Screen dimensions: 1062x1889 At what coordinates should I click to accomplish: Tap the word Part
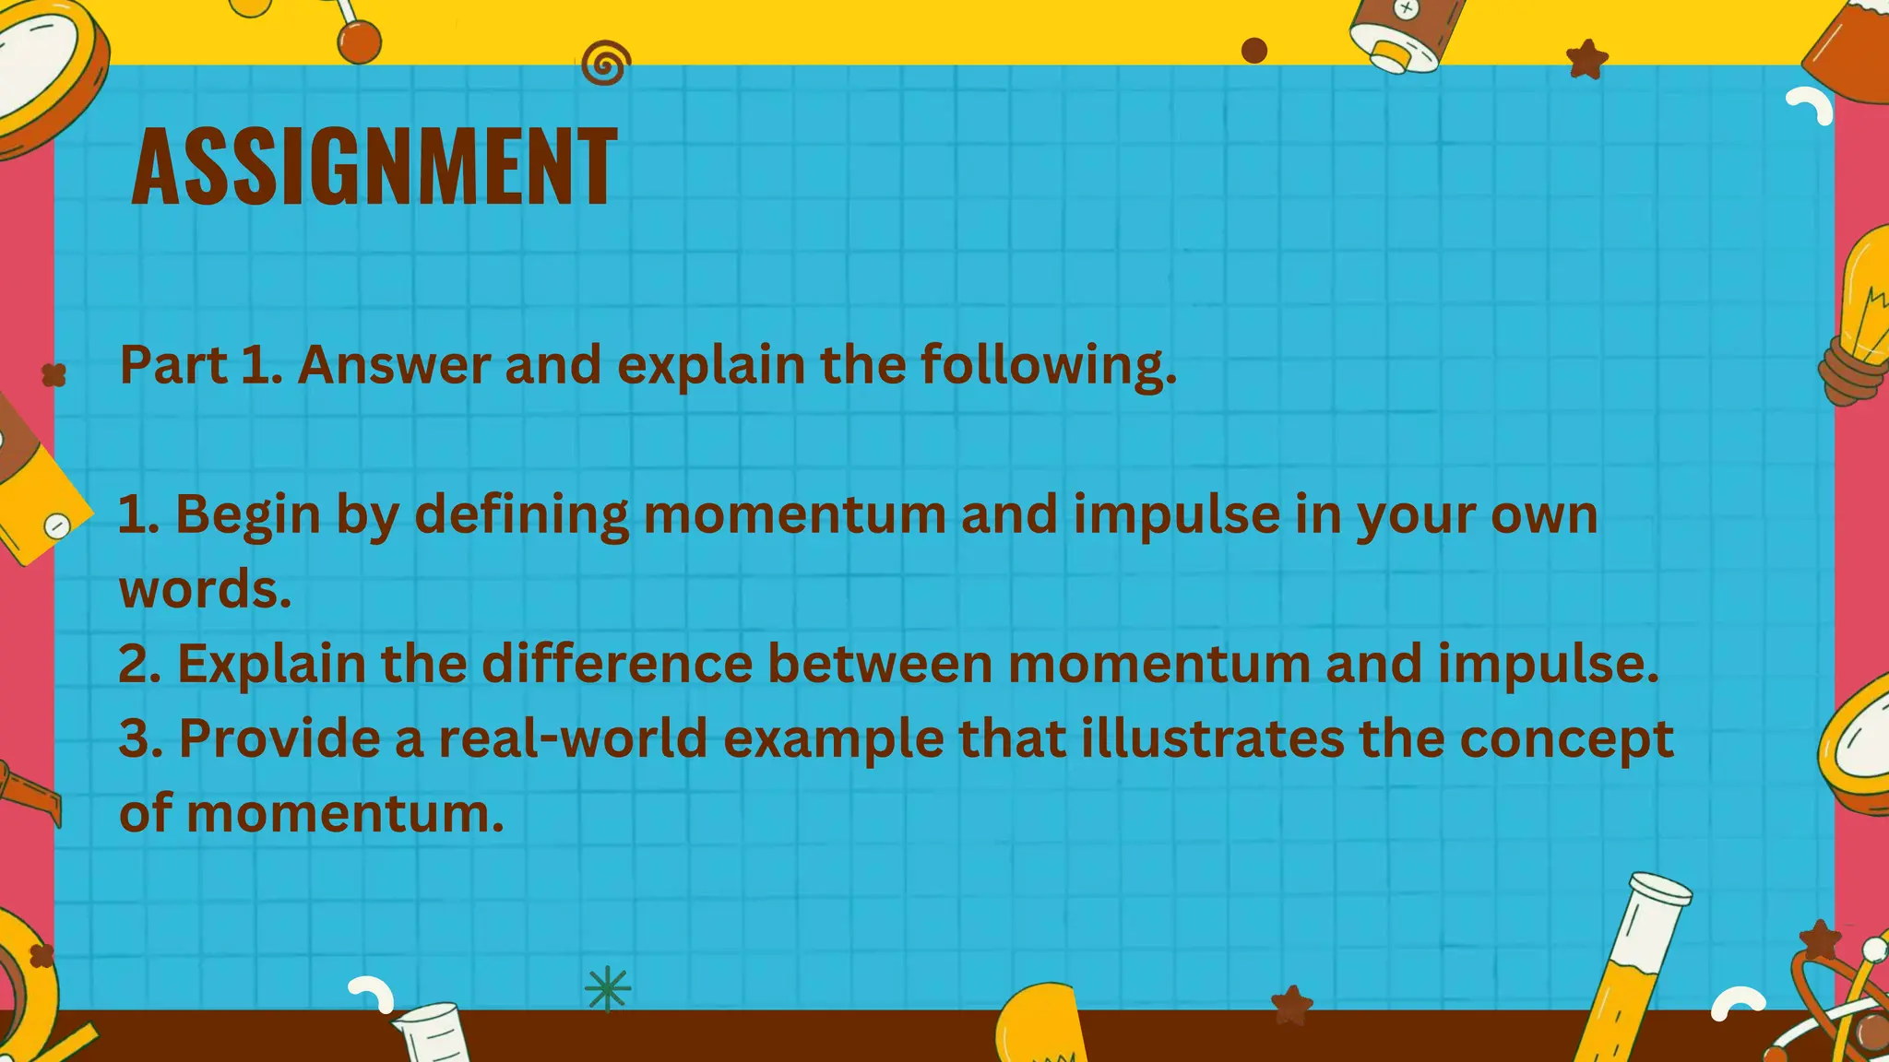tap(173, 365)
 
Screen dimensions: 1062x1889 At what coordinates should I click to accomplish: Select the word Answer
tap(393, 365)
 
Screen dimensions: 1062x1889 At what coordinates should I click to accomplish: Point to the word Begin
tap(247, 515)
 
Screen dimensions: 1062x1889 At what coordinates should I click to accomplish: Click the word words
tap(205, 589)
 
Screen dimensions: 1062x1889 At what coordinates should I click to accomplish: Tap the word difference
tap(617, 664)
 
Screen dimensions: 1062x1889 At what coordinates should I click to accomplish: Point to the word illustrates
tap(1212, 739)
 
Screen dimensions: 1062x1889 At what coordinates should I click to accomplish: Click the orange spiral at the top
tap(606, 65)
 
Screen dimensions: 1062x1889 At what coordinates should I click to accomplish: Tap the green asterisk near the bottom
tap(608, 989)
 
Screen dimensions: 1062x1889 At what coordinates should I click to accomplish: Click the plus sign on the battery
tap(1406, 10)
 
